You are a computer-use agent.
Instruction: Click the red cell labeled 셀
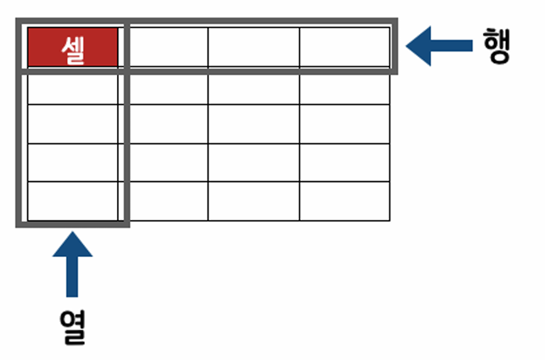point(73,47)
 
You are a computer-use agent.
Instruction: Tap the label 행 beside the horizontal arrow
point(497,46)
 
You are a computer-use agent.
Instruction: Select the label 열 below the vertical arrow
point(73,327)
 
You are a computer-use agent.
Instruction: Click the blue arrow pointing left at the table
point(439,46)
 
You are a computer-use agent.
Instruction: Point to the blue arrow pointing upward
point(72,264)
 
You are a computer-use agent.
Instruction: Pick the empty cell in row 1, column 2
point(168,47)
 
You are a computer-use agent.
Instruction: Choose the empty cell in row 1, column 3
point(254,47)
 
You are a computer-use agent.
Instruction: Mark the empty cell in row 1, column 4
point(345,47)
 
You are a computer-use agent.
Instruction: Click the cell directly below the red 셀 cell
point(73,89)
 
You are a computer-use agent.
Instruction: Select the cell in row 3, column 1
point(73,124)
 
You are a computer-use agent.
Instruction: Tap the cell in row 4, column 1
point(73,162)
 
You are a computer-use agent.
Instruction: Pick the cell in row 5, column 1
point(73,201)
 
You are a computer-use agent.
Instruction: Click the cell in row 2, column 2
point(168,89)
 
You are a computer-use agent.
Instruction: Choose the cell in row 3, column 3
point(254,124)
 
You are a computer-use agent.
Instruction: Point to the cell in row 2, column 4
point(345,89)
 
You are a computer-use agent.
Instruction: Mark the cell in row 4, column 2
point(168,162)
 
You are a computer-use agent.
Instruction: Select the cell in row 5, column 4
point(345,201)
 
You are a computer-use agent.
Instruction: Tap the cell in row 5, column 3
point(254,201)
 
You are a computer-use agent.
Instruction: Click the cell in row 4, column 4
point(345,162)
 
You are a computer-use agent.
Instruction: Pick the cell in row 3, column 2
point(168,124)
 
